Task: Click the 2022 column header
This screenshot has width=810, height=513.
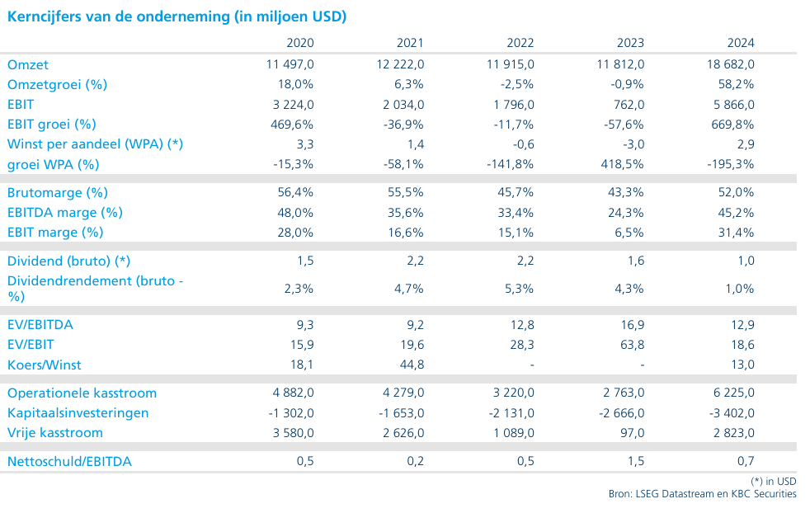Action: click(520, 43)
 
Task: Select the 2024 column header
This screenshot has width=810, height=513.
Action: click(741, 43)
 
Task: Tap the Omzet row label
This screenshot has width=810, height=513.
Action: click(28, 65)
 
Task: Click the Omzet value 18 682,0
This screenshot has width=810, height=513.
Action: click(731, 64)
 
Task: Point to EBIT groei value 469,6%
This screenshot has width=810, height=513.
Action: click(292, 125)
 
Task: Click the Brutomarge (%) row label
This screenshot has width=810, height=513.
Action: click(58, 193)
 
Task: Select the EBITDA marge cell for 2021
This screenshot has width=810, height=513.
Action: click(406, 213)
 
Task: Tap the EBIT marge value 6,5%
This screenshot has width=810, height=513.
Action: click(629, 233)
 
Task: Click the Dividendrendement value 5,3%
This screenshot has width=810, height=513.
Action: click(519, 289)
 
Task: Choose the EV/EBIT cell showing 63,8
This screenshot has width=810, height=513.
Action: click(633, 345)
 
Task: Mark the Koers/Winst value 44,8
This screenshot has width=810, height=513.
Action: click(412, 365)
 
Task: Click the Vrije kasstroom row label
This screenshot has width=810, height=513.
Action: click(54, 433)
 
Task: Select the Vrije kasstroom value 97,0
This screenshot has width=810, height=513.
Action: click(633, 433)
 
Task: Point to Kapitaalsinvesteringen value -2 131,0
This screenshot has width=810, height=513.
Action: click(511, 413)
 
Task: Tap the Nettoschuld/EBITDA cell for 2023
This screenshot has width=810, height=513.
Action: click(636, 461)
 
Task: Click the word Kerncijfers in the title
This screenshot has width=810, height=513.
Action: click(44, 16)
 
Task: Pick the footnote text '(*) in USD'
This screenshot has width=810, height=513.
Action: click(774, 481)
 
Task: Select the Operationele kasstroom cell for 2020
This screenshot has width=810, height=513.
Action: click(294, 393)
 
